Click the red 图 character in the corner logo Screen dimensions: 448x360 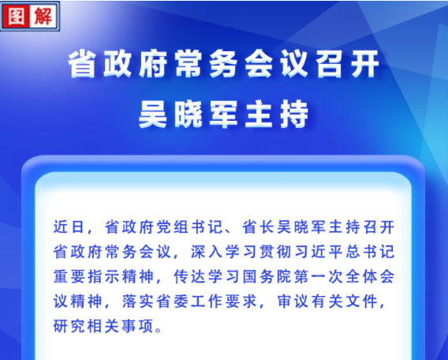[x=16, y=16]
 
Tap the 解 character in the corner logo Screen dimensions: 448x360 [x=43, y=16]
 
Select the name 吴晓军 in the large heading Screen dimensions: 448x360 [x=188, y=114]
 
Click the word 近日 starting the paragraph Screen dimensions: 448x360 [x=69, y=227]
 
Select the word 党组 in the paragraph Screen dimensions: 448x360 [x=172, y=227]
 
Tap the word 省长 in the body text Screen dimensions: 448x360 [x=258, y=227]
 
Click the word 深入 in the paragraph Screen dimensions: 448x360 [x=207, y=252]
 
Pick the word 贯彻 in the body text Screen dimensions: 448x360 [x=274, y=252]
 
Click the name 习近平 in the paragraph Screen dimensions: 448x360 [x=318, y=252]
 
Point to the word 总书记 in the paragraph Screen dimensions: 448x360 [x=370, y=252]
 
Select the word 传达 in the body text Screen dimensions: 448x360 [x=189, y=276]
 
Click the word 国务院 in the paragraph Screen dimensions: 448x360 [x=267, y=276]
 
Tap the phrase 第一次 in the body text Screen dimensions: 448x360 [x=318, y=276]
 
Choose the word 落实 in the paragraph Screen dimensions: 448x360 [x=138, y=301]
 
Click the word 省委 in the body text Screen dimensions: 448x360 [x=172, y=301]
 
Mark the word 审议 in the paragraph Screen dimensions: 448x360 [x=293, y=301]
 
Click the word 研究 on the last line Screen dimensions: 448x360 [x=69, y=326]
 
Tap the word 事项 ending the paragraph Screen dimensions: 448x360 [x=138, y=326]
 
